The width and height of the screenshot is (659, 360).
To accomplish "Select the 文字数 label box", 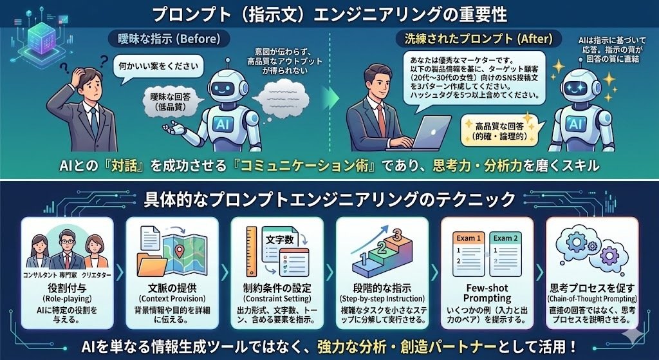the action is pyautogui.click(x=281, y=240).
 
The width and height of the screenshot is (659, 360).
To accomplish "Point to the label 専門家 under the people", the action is pyautogui.click(x=68, y=275).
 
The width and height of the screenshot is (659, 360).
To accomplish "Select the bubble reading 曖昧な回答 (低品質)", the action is pyautogui.click(x=169, y=101).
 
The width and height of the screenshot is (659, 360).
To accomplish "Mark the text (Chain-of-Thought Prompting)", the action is pyautogui.click(x=592, y=299).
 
